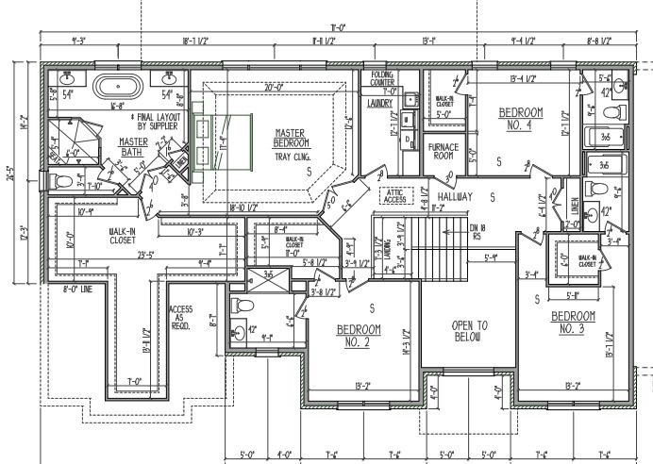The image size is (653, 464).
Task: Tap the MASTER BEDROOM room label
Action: tap(291, 138)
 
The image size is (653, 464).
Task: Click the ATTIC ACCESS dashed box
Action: tap(393, 195)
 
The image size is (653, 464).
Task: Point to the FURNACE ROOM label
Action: tap(444, 152)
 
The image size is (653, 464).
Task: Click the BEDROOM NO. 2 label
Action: tap(359, 334)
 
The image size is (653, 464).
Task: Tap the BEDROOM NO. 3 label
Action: tap(575, 323)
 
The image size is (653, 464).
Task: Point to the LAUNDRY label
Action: tap(379, 103)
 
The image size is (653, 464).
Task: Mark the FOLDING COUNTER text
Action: tap(381, 79)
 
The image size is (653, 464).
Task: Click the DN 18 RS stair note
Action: tap(480, 232)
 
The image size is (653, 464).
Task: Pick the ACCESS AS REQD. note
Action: tap(181, 317)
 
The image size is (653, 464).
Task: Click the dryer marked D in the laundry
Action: tap(407, 140)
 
